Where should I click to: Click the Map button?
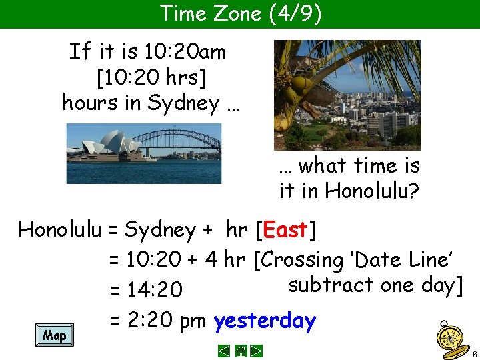click(x=54, y=335)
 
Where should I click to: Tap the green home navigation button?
click(x=241, y=351)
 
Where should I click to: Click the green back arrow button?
click(x=225, y=351)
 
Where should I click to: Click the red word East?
click(x=285, y=230)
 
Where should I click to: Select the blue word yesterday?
click(x=264, y=321)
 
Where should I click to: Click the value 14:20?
click(x=155, y=289)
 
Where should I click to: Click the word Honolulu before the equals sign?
click(x=59, y=230)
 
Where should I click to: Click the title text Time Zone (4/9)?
click(x=241, y=13)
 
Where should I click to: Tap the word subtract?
click(x=331, y=285)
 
